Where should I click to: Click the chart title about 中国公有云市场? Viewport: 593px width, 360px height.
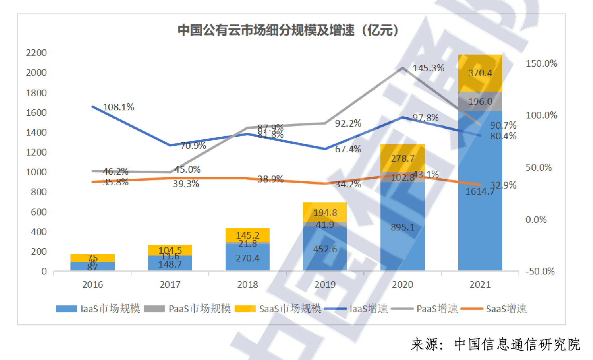point(288,30)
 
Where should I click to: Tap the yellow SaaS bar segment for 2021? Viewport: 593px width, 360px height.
point(480,73)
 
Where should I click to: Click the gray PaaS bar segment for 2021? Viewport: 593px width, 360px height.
point(480,101)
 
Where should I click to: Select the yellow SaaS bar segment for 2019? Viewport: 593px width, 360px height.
point(325,212)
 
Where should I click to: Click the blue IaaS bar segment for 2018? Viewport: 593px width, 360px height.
point(248,258)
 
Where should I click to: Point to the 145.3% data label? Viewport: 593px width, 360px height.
point(428,68)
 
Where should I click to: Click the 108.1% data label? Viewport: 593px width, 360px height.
point(118,107)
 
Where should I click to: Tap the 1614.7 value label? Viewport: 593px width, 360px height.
point(479,191)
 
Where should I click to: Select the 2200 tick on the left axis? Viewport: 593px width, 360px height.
point(36,53)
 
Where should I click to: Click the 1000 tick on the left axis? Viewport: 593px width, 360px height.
point(36,172)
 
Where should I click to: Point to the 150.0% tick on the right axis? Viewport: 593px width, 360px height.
point(541,64)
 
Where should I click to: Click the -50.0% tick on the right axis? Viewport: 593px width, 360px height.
point(540,271)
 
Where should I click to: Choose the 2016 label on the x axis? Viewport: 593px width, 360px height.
point(92,285)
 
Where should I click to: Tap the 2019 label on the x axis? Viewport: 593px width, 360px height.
point(325,285)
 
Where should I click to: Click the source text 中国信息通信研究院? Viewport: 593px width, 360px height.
point(517,345)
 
